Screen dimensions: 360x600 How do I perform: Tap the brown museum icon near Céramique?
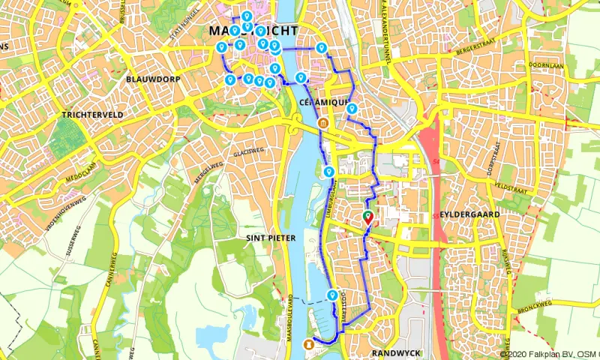pos(324,123)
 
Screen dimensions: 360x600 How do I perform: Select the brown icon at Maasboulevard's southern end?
pos(307,343)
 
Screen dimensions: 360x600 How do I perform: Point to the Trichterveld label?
pos(88,115)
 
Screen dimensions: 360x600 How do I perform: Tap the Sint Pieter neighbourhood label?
pos(271,238)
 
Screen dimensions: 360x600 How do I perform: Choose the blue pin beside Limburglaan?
pos(328,172)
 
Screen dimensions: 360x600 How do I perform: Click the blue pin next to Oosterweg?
pos(332,295)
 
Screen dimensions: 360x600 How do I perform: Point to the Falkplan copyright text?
pos(550,354)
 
